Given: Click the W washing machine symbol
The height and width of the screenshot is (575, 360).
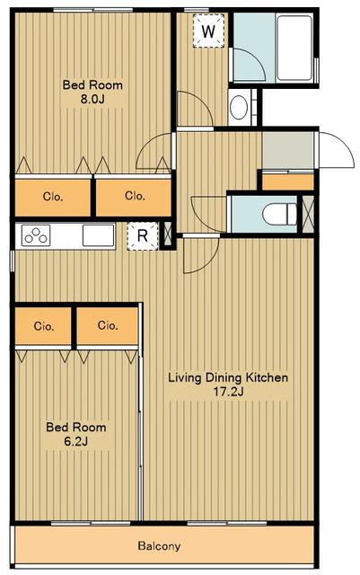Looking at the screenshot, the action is [x=208, y=31].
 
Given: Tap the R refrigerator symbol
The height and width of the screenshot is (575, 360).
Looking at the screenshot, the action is [x=143, y=235].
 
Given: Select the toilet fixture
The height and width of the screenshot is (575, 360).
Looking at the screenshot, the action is [x=280, y=214].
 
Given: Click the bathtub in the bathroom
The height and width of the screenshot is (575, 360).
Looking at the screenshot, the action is [x=294, y=48].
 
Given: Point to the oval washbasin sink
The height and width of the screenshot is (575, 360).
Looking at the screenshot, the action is [x=239, y=108].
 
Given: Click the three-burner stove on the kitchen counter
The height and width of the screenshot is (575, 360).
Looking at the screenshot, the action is [x=36, y=235].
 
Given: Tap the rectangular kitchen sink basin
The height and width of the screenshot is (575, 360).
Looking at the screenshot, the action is [x=98, y=235].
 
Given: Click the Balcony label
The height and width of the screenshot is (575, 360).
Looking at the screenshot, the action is [x=159, y=545].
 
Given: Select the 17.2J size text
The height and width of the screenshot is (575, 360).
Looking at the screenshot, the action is [x=229, y=392].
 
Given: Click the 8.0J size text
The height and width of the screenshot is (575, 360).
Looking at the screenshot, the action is [x=92, y=99].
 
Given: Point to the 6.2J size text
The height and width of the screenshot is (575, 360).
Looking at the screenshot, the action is [x=76, y=441].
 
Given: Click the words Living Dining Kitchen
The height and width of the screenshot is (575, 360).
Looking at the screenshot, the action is [x=228, y=377].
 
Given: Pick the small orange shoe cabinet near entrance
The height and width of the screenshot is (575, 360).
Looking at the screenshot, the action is [x=288, y=181].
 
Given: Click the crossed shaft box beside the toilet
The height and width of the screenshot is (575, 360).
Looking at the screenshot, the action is [x=308, y=214].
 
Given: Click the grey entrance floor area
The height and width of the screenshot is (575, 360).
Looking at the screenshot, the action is [x=288, y=150].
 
